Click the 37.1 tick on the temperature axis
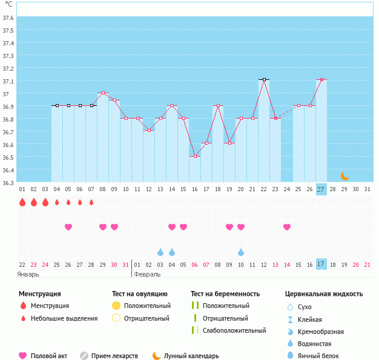[x=8, y=81]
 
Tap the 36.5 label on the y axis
[x=8, y=157]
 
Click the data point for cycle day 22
[x=264, y=79]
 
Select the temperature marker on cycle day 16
[x=195, y=156]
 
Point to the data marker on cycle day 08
[x=103, y=93]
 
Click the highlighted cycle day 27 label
[x=321, y=189]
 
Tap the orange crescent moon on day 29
[x=344, y=176]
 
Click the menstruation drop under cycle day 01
[x=22, y=202]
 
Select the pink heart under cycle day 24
[x=287, y=227]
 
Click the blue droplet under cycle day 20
[x=241, y=252]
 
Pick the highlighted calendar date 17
[x=321, y=264]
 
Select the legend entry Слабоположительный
[x=234, y=330]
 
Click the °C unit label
[x=8, y=4]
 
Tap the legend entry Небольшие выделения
[x=64, y=318]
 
